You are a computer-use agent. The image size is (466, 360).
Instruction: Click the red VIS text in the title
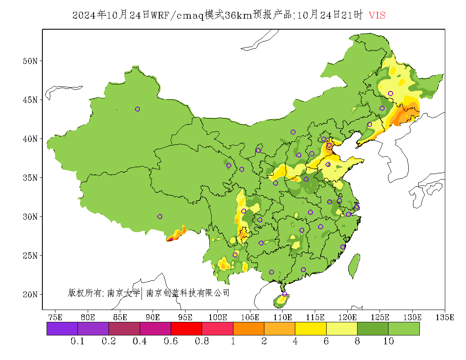coord(377,15)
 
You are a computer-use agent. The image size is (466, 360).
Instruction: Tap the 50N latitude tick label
coord(30,61)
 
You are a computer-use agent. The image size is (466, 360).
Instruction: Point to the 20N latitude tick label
coord(30,294)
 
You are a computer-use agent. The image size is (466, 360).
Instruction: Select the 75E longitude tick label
coord(55,317)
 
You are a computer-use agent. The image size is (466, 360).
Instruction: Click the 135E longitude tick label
coord(445,317)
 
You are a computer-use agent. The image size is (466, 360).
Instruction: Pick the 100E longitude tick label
coord(218,317)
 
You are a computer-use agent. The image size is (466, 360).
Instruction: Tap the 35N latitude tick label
coord(30,177)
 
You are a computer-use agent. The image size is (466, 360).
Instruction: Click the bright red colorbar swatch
coord(186,329)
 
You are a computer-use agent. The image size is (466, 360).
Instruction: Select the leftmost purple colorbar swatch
coord(62,329)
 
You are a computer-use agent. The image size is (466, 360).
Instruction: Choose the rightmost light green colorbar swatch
coord(404,329)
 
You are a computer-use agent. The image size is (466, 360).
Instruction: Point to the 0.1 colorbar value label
coord(78,341)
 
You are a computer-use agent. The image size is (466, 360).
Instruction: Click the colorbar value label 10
coord(388,341)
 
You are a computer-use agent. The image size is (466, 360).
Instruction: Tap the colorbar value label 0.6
coord(171,341)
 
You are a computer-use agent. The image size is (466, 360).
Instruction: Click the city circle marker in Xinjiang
coord(137,109)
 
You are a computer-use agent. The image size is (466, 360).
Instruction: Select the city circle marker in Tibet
coord(160,216)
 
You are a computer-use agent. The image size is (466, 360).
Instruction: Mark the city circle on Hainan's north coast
coord(285,294)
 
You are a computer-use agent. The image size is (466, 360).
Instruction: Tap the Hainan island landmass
coord(281,301)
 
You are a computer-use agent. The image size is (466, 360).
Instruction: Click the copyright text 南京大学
coord(123,293)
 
